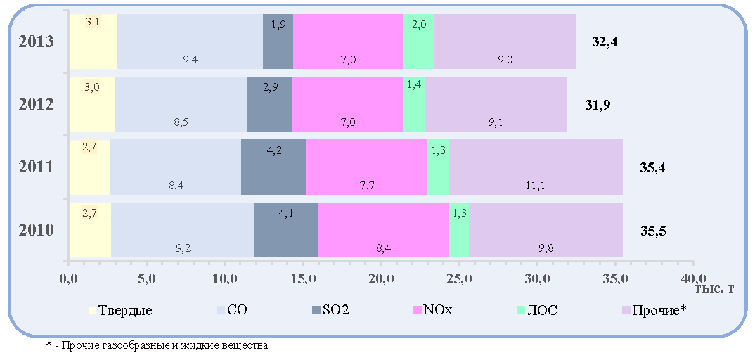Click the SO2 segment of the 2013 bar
[278, 41]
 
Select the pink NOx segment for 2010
[383, 230]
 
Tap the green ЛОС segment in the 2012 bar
[413, 105]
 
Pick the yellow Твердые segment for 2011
[90, 167]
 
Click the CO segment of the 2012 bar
[181, 105]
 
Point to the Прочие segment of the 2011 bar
[536, 167]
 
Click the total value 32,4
[605, 42]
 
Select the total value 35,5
[653, 230]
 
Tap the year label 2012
[36, 105]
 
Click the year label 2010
[36, 230]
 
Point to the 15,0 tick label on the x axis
[302, 278]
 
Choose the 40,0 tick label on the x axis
[693, 278]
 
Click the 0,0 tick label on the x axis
[69, 278]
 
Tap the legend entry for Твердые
[120, 310]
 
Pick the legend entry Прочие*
[653, 310]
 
